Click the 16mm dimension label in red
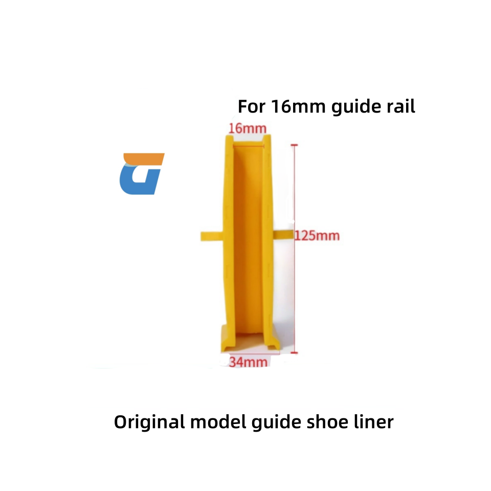244,128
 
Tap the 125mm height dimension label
317,236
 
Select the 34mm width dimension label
248,362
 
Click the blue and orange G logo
141,174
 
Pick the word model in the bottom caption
214,422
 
